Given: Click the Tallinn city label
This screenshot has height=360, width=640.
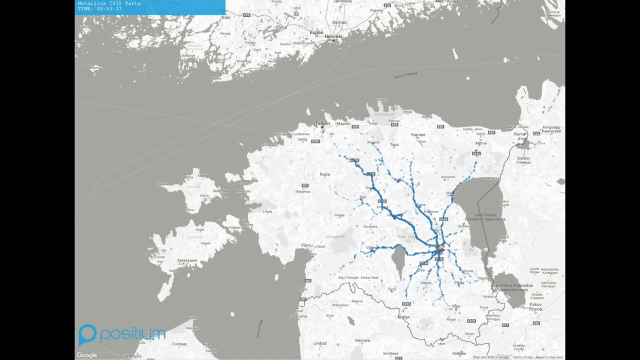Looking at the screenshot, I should point(322,123).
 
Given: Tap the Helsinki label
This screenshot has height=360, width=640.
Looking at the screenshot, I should point(333,36).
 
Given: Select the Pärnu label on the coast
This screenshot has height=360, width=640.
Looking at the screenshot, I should point(307,245).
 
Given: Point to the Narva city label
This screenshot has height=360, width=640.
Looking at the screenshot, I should point(520,134).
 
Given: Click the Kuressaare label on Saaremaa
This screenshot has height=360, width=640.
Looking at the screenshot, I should point(187,260).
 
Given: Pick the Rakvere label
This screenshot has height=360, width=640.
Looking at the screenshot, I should point(418,135).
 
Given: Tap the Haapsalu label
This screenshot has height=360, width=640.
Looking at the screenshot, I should point(249,180).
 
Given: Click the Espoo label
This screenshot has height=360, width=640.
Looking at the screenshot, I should point(316,32).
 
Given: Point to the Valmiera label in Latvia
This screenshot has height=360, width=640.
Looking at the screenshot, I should point(362,340).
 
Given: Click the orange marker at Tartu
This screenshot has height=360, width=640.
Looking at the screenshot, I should point(440,247).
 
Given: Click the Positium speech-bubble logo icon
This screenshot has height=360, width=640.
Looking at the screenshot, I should point(87,334).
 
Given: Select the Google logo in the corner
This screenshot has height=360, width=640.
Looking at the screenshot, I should point(87,355).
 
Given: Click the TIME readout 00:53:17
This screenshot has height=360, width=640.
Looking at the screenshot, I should point(100,9).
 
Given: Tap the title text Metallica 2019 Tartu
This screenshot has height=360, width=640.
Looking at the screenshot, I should point(109,3).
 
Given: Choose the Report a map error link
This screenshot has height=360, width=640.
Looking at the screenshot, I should point(549,357).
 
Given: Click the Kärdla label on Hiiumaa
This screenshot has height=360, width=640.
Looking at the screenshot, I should point(203,175).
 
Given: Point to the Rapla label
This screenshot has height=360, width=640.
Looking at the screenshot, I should point(325,174).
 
